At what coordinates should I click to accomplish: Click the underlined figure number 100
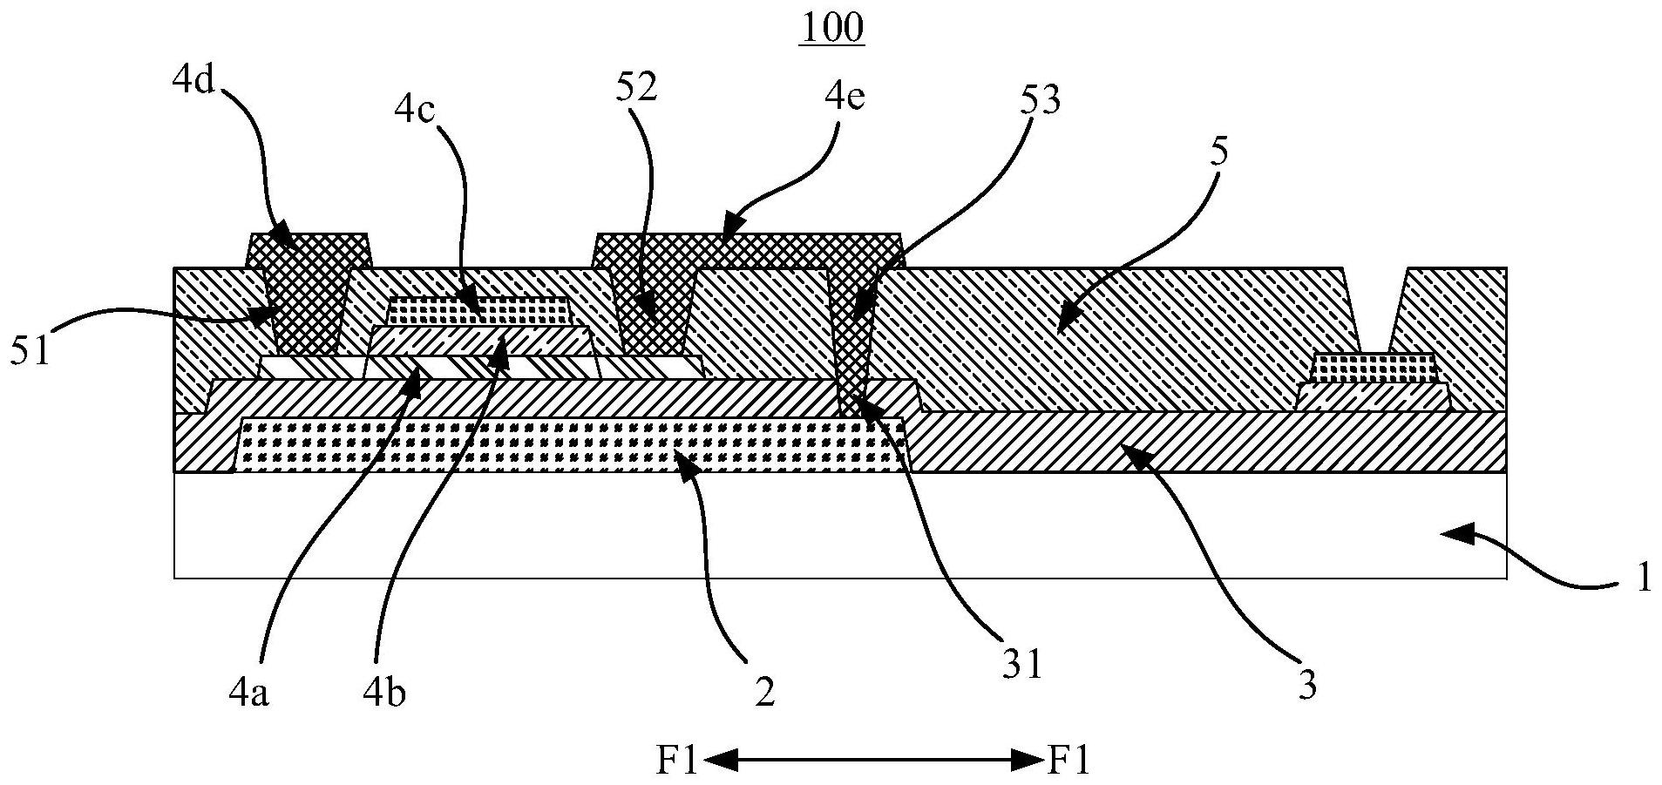pyautogui.click(x=831, y=28)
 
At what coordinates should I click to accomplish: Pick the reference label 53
pyautogui.click(x=1039, y=101)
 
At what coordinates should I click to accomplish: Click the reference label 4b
pyautogui.click(x=383, y=694)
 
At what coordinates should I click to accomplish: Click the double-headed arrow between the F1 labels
pyautogui.click(x=872, y=761)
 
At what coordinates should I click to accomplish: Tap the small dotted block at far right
pyautogui.click(x=1373, y=368)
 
